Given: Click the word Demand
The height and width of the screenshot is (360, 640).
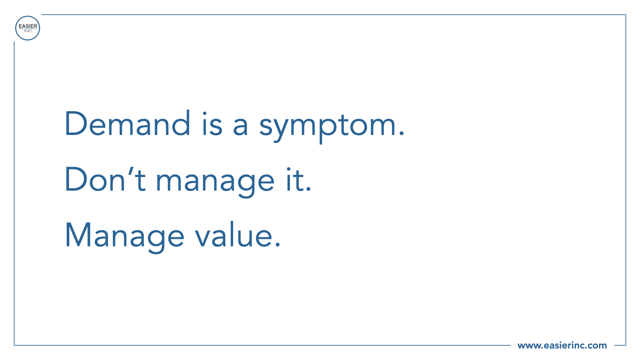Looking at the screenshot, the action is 128,123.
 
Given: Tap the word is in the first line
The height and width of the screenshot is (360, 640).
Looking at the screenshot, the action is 212,124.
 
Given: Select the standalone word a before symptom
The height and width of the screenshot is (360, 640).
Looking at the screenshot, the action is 240,126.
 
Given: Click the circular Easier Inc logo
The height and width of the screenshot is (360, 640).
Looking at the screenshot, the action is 28,28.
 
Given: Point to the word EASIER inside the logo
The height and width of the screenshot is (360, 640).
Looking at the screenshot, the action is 28,26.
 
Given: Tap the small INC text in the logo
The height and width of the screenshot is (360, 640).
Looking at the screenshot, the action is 28,31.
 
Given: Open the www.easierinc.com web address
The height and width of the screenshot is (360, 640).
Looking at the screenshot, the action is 562,345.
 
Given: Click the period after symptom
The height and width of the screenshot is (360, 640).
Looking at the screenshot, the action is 401,134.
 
